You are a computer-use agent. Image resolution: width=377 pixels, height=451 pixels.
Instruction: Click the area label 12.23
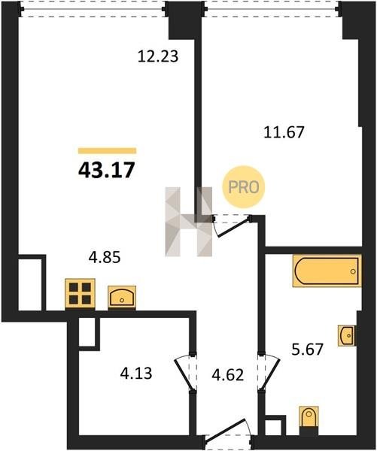[158, 56]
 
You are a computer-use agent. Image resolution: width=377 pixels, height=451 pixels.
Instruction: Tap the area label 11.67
[284, 132]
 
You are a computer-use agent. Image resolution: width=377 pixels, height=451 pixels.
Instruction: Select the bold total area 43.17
[107, 170]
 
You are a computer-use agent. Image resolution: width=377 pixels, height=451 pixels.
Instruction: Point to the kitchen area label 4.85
[105, 257]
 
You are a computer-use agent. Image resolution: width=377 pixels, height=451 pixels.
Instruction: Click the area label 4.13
[136, 374]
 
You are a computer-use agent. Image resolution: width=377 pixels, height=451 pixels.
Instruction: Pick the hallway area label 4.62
[227, 375]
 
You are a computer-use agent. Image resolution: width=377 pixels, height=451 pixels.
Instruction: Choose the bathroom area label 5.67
[307, 350]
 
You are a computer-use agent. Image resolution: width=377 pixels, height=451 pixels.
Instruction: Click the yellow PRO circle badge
[243, 187]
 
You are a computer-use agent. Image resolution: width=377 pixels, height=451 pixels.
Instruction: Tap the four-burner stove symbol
[80, 294]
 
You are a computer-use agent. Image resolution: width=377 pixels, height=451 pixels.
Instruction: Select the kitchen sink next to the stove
[122, 298]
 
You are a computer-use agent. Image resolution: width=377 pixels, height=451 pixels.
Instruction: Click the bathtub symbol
[327, 271]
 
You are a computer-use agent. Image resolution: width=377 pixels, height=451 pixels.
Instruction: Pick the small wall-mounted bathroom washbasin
[347, 335]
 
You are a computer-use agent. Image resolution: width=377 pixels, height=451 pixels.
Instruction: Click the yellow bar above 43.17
[107, 151]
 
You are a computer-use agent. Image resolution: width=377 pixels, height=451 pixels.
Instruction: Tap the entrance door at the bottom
[227, 434]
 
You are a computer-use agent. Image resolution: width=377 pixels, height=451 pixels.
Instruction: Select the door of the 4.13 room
[185, 373]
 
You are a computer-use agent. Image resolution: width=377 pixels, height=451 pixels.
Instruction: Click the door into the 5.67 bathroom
[269, 371]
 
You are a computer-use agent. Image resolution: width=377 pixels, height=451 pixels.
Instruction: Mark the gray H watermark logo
[189, 222]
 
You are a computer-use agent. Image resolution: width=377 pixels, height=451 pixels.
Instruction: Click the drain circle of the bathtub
[353, 271]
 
